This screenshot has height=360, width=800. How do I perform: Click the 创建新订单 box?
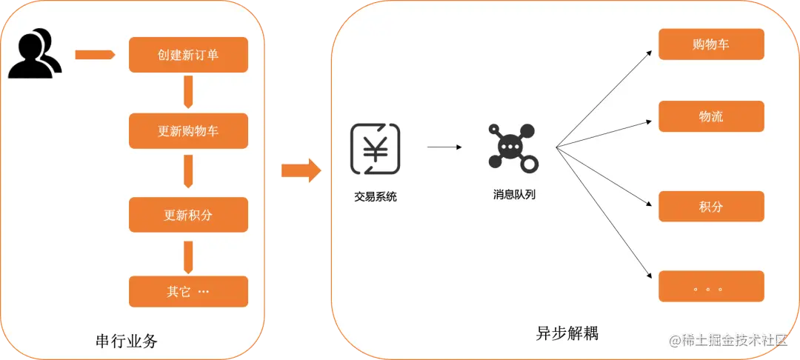tap(188, 55)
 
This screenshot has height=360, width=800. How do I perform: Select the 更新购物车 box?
tap(188, 131)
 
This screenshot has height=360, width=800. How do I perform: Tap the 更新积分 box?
tap(188, 215)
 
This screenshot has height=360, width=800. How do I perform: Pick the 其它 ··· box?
tap(188, 291)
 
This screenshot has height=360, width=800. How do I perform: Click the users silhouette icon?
tap(34, 53)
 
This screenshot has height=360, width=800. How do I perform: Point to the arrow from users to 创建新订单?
tap(96, 55)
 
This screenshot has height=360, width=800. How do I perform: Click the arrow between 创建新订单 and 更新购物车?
tap(188, 93)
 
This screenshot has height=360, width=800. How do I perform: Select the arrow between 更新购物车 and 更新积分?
tap(188, 172)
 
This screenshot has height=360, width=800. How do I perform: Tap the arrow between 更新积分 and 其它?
tap(188, 256)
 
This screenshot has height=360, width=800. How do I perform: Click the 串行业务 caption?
tap(127, 341)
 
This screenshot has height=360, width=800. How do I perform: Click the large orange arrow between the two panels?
tap(301, 170)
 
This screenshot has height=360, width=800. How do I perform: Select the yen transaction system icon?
tap(375, 149)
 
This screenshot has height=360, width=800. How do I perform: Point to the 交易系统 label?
tap(376, 197)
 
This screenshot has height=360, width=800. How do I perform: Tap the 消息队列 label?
tap(513, 196)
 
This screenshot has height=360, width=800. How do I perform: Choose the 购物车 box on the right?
tap(711, 44)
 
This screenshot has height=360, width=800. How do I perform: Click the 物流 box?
tap(711, 116)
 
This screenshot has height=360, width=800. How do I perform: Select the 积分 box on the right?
tap(711, 207)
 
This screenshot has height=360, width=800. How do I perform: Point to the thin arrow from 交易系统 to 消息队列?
tap(444, 147)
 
